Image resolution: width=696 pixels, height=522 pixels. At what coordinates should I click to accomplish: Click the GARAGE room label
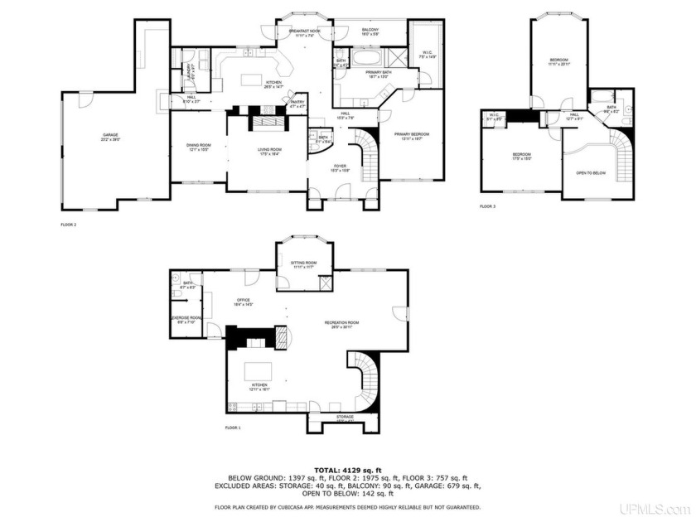pyautogui.click(x=110, y=134)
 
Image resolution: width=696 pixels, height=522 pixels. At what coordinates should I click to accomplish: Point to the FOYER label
pyautogui.click(x=340, y=167)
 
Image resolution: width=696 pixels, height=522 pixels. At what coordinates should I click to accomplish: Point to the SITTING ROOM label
pyautogui.click(x=302, y=263)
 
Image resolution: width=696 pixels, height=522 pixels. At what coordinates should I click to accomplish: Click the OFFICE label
pyautogui.click(x=244, y=302)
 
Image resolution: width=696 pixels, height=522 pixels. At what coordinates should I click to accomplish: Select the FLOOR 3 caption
pyautogui.click(x=488, y=206)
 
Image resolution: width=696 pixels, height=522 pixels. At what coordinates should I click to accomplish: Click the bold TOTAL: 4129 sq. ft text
pyautogui.click(x=348, y=468)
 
